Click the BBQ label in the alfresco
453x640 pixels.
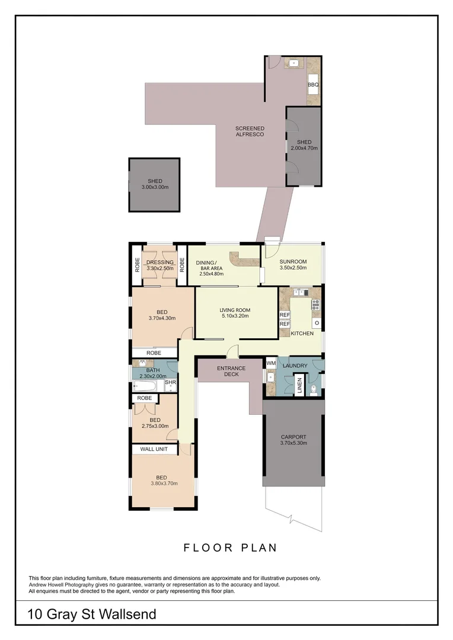click(x=313, y=85)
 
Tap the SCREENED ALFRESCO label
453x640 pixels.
click(x=250, y=132)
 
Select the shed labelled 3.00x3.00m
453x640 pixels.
click(x=155, y=184)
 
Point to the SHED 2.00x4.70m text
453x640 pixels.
click(x=304, y=145)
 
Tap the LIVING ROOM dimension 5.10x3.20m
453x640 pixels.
click(x=235, y=316)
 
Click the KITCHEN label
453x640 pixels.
click(x=302, y=334)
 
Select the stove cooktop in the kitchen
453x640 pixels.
click(x=315, y=305)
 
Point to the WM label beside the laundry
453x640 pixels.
click(x=270, y=363)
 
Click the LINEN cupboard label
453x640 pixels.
click(x=300, y=385)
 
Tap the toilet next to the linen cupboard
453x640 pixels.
click(x=314, y=390)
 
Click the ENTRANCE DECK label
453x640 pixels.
click(x=231, y=372)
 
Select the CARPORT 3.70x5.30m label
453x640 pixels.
click(x=294, y=440)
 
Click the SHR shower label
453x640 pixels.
click(x=170, y=383)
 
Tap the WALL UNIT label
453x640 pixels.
click(x=154, y=449)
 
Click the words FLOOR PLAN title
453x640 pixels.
click(x=230, y=548)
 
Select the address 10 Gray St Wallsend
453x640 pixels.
click(x=92, y=615)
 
